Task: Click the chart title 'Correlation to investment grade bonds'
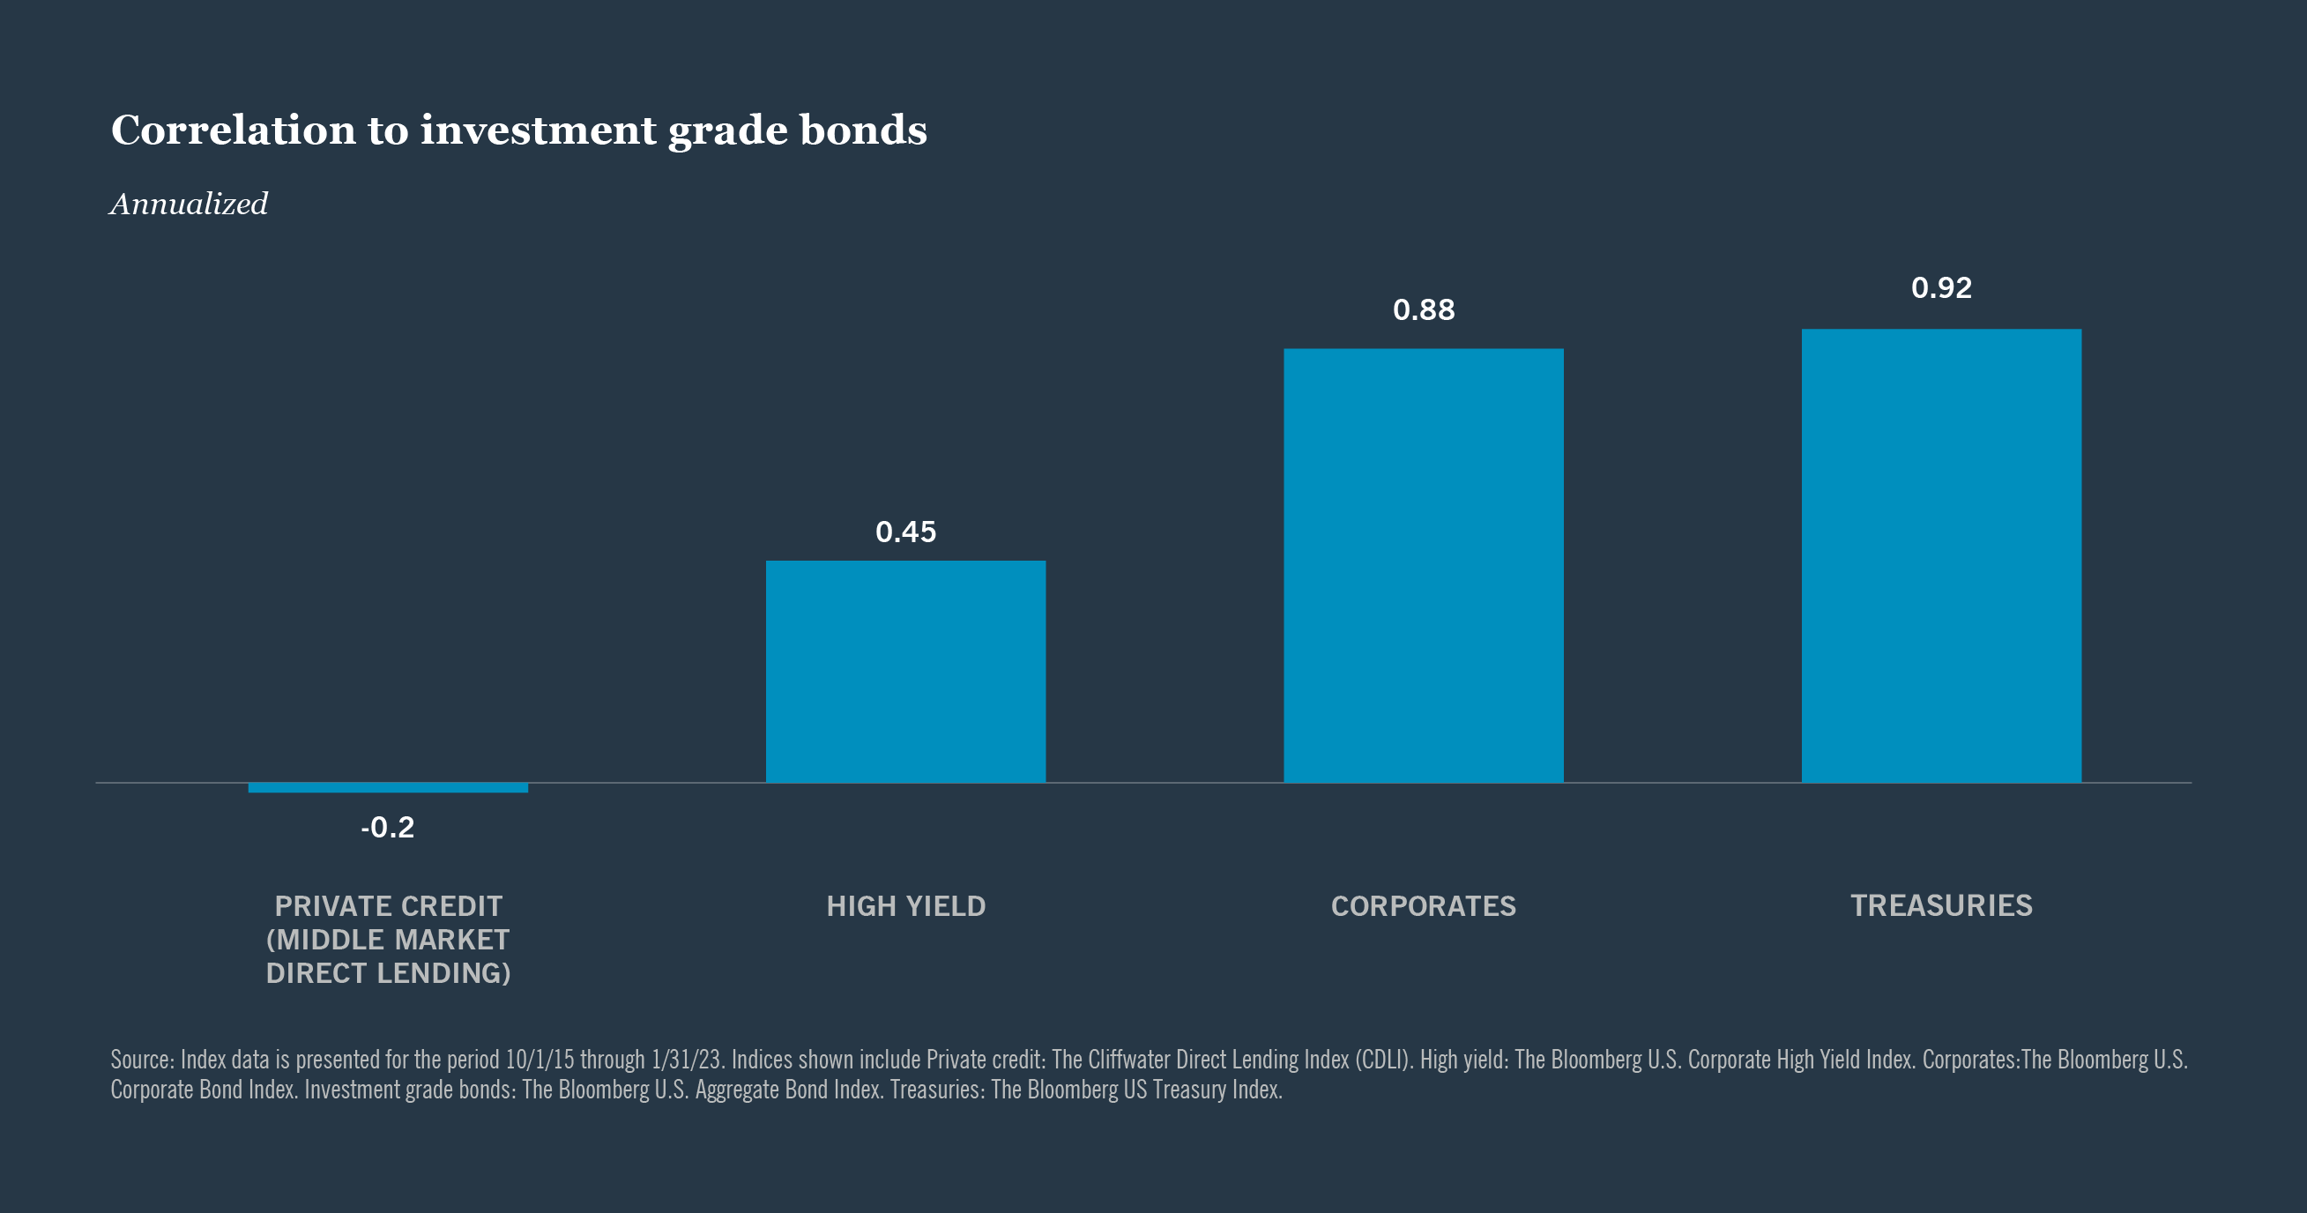tap(518, 130)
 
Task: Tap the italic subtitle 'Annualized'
tap(189, 205)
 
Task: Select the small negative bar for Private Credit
tap(388, 787)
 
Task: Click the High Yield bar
tap(905, 672)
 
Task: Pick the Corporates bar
tap(1423, 565)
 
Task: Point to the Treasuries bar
tap(1940, 555)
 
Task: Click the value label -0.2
tap(388, 827)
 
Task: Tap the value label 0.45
tap(905, 532)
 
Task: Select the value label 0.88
tap(1423, 310)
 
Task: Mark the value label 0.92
tap(1940, 287)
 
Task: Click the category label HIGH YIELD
tap(905, 905)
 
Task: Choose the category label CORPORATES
tap(1423, 905)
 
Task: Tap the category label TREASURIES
tap(1940, 905)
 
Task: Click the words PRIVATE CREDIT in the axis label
tap(388, 905)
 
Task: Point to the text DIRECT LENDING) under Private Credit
tap(388, 973)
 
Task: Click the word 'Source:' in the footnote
tap(142, 1060)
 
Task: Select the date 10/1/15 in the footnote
tap(540, 1060)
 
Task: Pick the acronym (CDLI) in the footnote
tap(1383, 1060)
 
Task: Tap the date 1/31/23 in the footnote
tap(686, 1060)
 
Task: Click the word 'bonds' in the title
tap(862, 130)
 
